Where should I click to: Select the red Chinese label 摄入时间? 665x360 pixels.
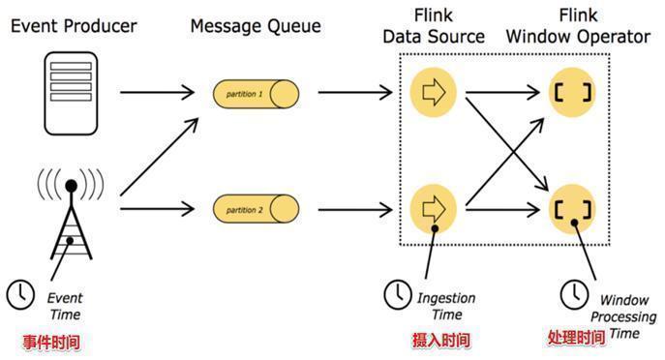(441, 340)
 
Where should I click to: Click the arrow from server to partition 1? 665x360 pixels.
(155, 94)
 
